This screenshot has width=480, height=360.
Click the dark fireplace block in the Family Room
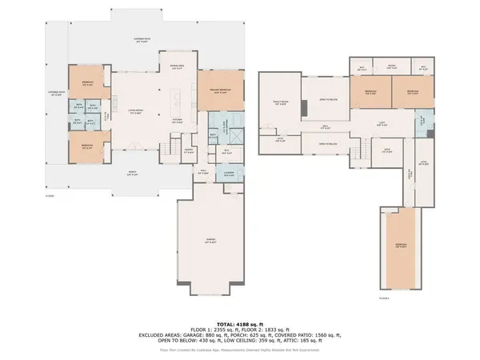303,108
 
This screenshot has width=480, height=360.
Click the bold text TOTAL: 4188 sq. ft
240,320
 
